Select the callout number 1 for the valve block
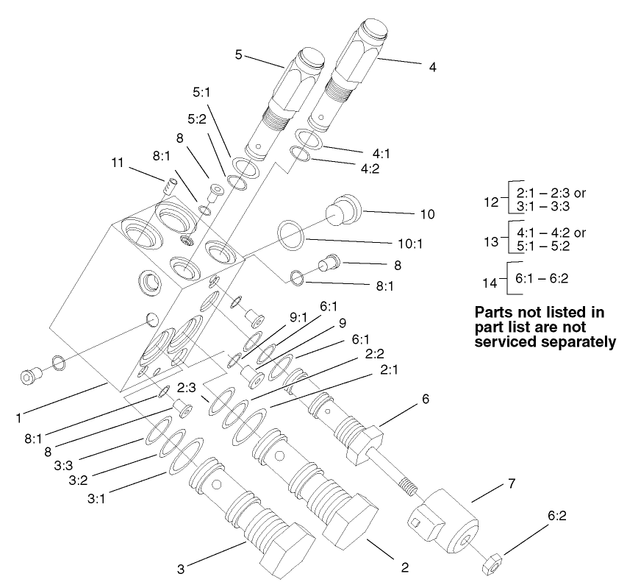click(x=18, y=418)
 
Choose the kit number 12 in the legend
click(x=486, y=200)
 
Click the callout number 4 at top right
click(x=433, y=66)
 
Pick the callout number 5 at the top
click(x=239, y=55)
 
